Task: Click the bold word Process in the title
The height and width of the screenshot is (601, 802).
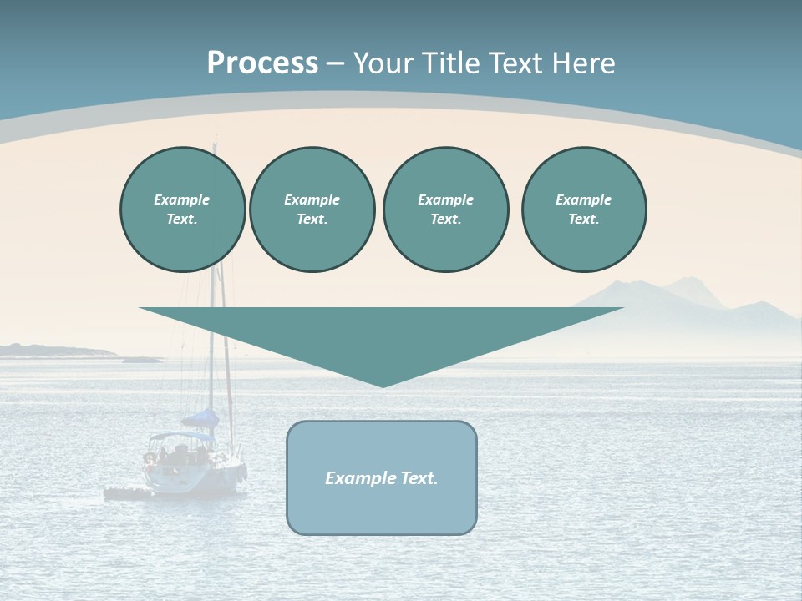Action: [x=262, y=63]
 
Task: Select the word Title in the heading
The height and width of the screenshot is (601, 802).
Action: [x=450, y=63]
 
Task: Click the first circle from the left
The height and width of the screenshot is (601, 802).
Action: [x=182, y=210]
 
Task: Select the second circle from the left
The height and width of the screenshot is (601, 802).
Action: [x=312, y=210]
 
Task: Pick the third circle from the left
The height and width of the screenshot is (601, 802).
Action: [x=445, y=210]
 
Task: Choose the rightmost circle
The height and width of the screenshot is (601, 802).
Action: [x=583, y=210]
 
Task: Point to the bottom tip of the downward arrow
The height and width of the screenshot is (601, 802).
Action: [x=383, y=386]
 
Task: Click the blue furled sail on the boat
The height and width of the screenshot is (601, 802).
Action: [x=201, y=418]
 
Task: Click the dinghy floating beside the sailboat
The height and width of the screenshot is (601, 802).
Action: [x=125, y=493]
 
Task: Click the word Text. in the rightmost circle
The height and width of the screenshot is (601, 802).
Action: [x=583, y=220]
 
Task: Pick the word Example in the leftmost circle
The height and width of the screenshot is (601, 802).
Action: [x=182, y=199]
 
